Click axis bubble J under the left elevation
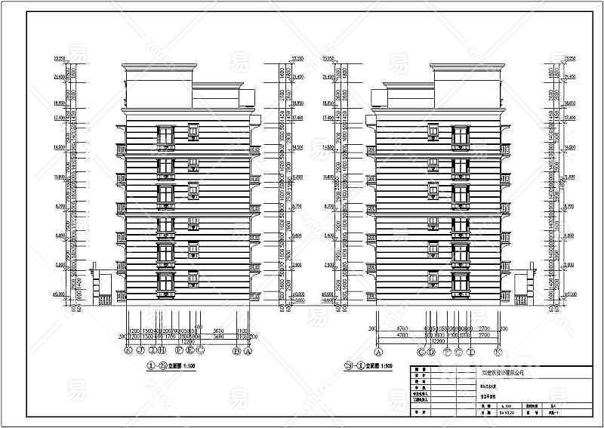pos(140,350)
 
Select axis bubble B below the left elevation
pos(237,350)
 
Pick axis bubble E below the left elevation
pos(191,350)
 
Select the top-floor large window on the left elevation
pos(166,137)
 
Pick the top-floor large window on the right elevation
pos(460,137)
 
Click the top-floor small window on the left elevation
pos(193,131)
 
